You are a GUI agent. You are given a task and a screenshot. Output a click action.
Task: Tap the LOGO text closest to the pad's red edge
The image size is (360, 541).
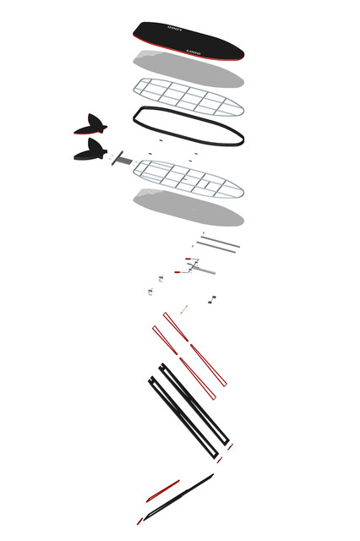[194, 51]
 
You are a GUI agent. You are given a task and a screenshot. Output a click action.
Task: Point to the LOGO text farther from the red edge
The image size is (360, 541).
[175, 30]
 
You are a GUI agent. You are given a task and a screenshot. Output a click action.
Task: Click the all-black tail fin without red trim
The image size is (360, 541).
[90, 152]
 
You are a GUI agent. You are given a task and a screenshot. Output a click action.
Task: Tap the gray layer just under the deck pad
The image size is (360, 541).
[188, 69]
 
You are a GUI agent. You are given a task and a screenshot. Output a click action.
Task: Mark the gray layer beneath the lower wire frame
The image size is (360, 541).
[188, 207]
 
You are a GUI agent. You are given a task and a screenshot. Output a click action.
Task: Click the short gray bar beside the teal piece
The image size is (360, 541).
[203, 270]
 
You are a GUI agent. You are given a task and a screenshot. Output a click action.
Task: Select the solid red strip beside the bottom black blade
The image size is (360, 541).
[163, 490]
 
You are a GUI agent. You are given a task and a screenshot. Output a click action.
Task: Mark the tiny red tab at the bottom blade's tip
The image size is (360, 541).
[139, 521]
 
